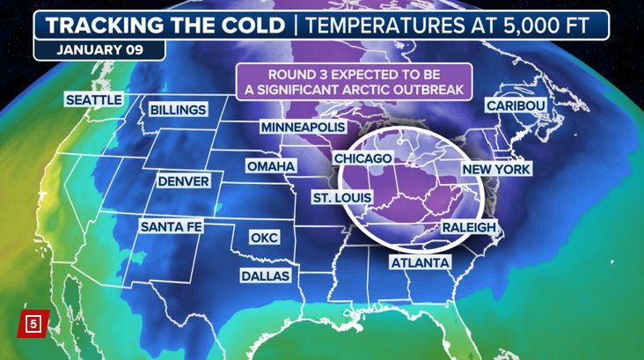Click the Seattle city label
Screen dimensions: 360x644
tap(93, 99)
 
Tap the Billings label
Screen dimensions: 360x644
tap(178, 110)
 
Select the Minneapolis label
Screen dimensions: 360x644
tap(302, 128)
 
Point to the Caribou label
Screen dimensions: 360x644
tap(516, 107)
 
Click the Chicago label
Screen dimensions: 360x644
tap(362, 158)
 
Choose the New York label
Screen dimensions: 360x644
tap(495, 168)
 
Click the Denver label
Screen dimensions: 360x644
tap(183, 181)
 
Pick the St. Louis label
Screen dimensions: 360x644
tap(341, 197)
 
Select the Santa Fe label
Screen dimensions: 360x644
tap(172, 226)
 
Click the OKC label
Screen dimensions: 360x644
tap(263, 238)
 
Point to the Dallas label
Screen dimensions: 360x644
tap(267, 276)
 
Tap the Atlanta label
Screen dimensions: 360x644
tap(421, 263)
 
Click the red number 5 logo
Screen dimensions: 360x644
tap(33, 323)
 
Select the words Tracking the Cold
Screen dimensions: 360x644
tap(164, 24)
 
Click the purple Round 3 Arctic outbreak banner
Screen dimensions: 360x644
tap(355, 81)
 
